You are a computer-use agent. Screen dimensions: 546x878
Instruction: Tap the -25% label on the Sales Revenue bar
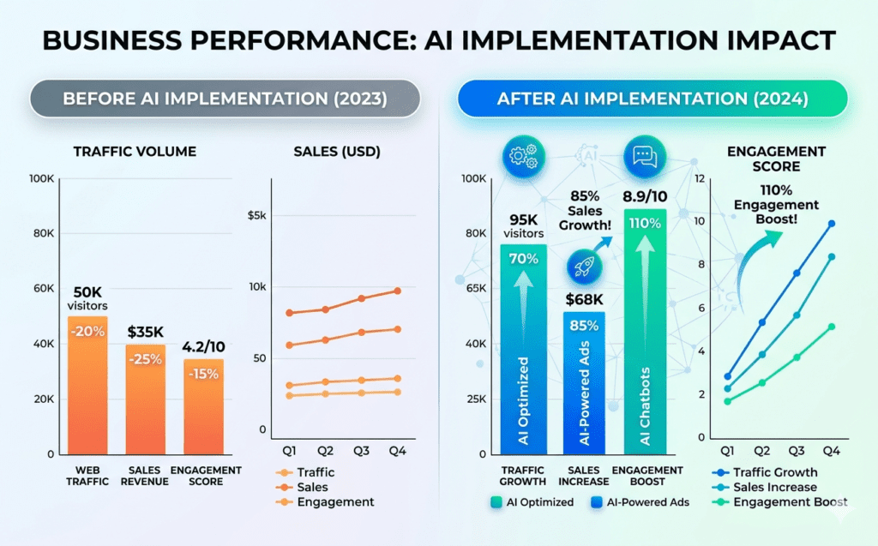146,358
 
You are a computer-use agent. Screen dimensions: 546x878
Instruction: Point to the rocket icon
584,267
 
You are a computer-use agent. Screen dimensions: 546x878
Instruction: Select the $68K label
584,299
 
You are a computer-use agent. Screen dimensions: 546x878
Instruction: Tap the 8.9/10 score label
644,196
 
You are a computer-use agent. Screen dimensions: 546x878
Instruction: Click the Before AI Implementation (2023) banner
225,99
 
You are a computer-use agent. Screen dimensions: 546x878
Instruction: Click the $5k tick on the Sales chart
256,215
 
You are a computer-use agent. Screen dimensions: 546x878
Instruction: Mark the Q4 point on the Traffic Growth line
831,224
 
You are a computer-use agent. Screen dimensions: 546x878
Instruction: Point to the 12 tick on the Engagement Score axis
700,178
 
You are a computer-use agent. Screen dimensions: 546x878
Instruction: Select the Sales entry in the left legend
313,487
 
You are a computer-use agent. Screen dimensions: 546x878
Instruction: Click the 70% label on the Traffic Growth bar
523,257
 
